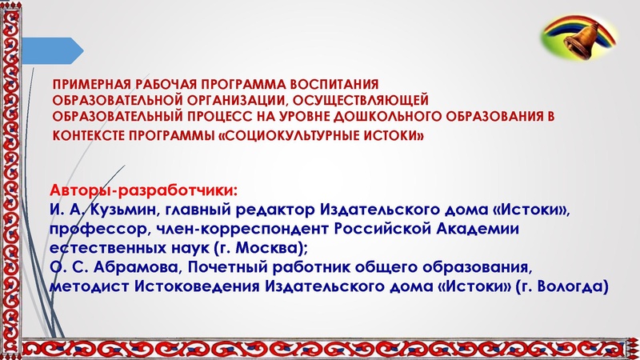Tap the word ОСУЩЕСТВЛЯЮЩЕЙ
(362, 100)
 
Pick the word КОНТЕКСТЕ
(88, 134)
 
